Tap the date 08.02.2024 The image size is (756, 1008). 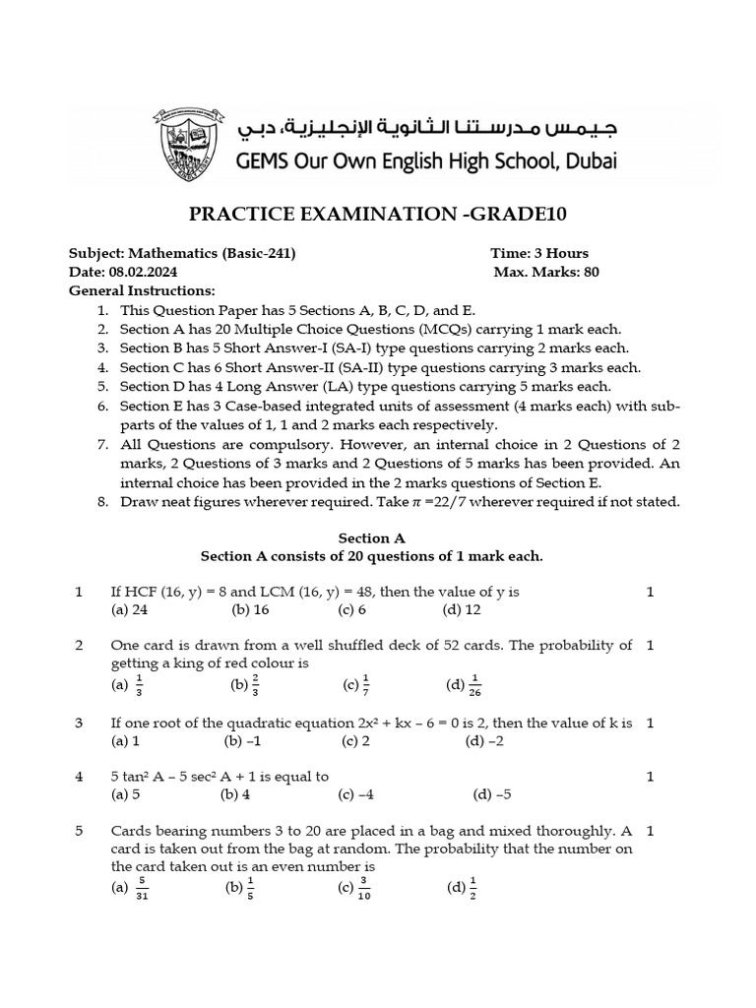point(143,272)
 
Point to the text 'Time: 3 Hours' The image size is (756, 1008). point(539,253)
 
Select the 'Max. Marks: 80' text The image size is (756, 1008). point(546,272)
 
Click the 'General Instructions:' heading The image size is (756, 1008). point(142,290)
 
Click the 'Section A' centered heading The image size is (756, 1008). point(371,538)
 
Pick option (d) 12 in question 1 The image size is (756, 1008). point(462,609)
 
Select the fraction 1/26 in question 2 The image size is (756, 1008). point(475,684)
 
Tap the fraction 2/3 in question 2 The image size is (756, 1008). point(255,684)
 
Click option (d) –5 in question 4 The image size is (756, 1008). point(492,793)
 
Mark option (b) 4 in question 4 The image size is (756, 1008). point(235,793)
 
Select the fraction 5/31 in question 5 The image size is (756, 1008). point(142,888)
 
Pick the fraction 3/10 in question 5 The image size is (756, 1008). point(364,888)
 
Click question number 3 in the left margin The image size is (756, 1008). point(79,723)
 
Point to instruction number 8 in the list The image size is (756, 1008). point(102,501)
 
